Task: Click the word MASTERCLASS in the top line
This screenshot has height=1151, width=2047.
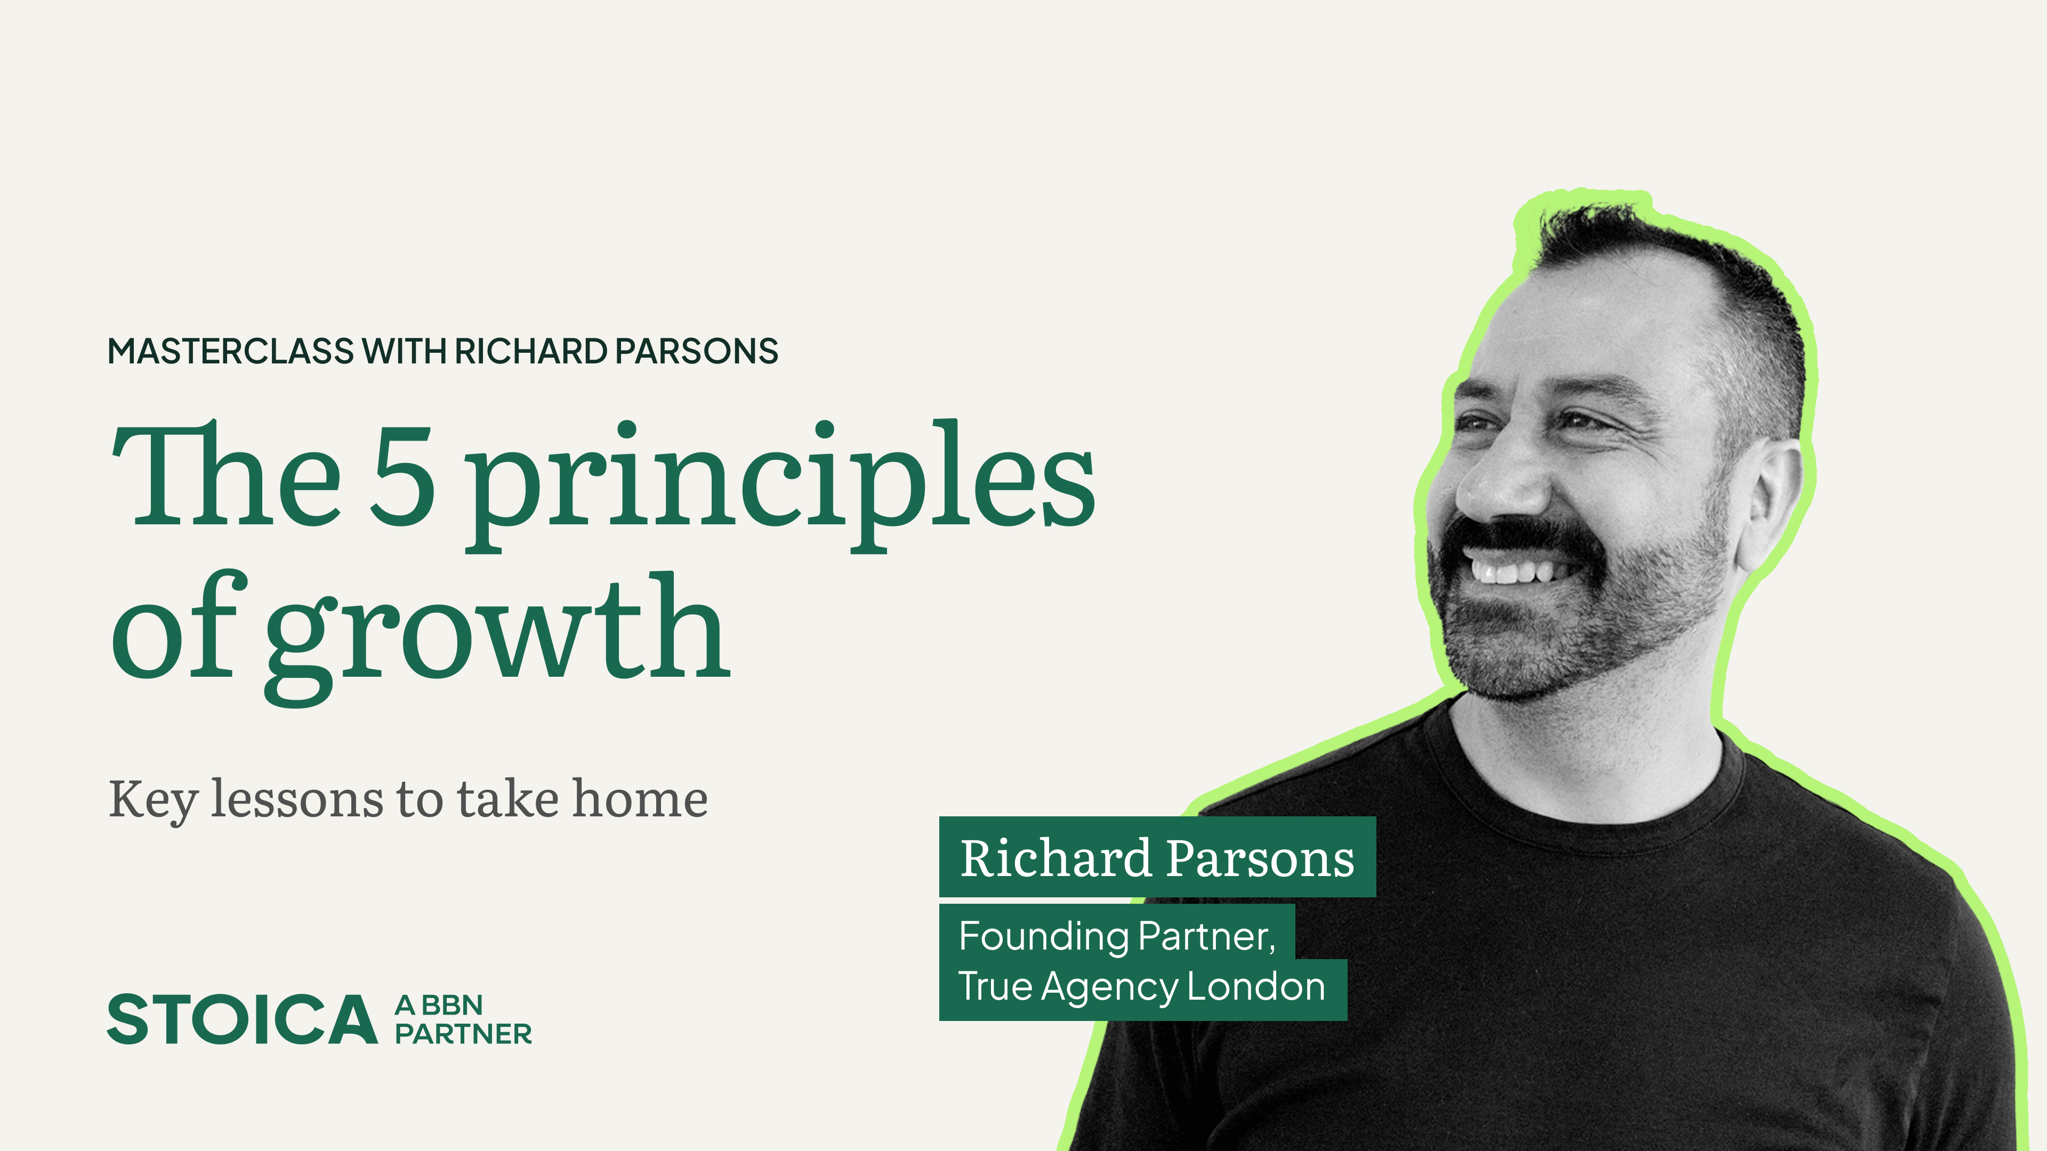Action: [x=230, y=351]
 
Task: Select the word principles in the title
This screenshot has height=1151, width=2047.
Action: [x=779, y=484]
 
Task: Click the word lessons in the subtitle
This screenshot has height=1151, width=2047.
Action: [x=298, y=799]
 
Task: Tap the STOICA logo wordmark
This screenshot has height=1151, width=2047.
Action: [x=243, y=1019]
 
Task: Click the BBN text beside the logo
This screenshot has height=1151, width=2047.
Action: [x=452, y=1006]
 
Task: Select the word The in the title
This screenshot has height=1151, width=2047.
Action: [x=227, y=476]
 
